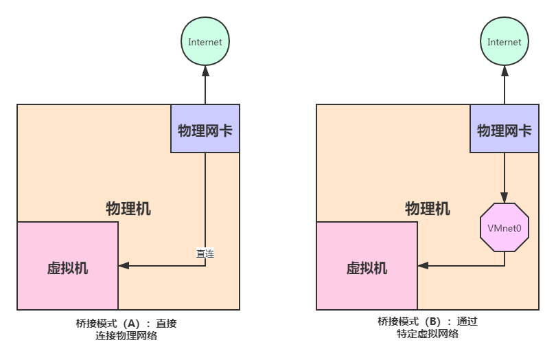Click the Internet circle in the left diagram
pos(205,42)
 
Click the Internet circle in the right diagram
pos(505,42)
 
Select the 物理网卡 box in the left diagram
pos(205,129)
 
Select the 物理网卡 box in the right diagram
pos(505,129)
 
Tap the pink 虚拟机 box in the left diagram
pos(67,266)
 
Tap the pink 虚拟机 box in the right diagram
pos(367,266)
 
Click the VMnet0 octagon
pos(505,227)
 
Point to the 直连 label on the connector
pos(205,254)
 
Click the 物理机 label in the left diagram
pos(128,207)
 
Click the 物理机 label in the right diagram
pos(428,207)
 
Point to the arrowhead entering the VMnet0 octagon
pos(505,198)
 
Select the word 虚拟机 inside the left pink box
pos(67,268)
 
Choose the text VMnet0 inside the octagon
pos(505,227)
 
